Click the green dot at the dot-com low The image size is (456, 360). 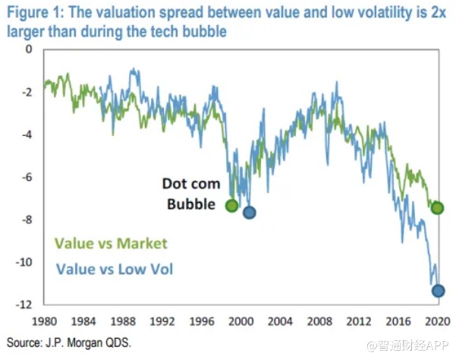coord(232,206)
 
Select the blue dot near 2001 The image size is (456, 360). coord(248,212)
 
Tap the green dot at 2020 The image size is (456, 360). coord(438,207)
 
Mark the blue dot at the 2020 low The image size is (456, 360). coord(438,290)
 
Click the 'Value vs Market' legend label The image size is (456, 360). coord(110,244)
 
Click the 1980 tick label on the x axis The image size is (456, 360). coord(44,320)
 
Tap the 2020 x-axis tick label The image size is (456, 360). coord(435,320)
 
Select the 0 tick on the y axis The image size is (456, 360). coord(30,49)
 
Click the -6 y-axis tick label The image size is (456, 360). coord(27,177)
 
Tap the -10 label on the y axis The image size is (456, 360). coord(25,262)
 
